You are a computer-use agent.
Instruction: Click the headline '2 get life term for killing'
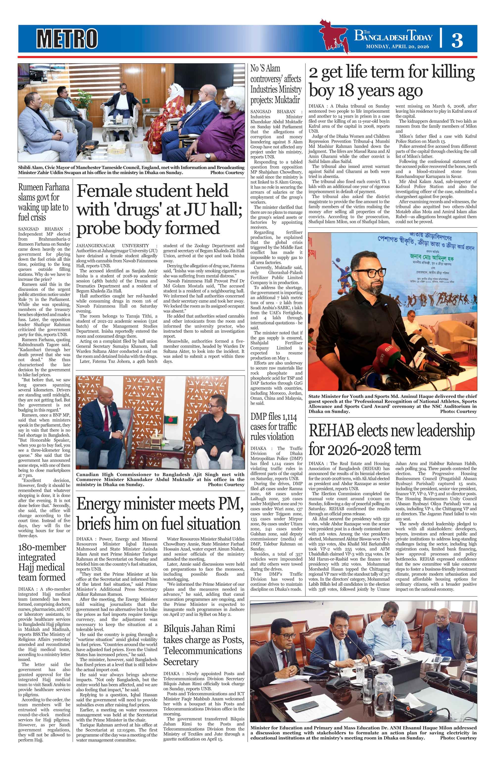(392, 73)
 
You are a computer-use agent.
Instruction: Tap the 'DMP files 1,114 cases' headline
(273, 427)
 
